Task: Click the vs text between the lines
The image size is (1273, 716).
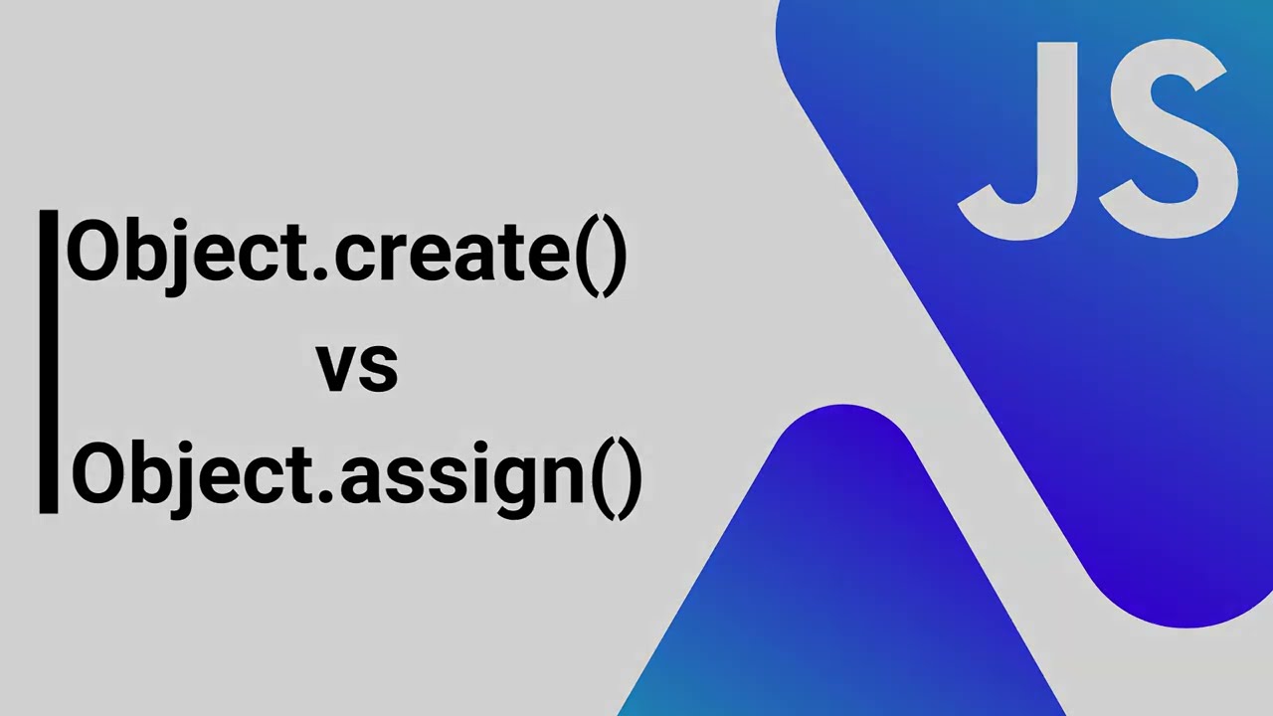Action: pyautogui.click(x=357, y=366)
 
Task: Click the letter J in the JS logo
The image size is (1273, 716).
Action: pyautogui.click(x=1015, y=139)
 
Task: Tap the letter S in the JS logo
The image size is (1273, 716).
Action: pyautogui.click(x=1169, y=139)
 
